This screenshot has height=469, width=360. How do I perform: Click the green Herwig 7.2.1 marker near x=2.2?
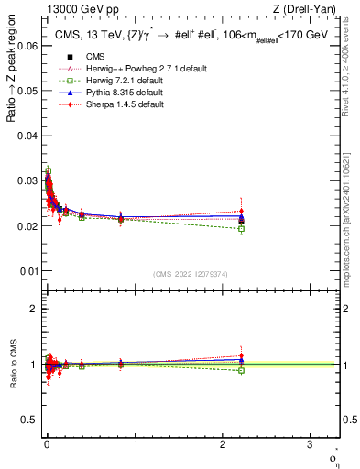[241, 229]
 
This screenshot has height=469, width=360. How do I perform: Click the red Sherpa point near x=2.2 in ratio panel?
[241, 356]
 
